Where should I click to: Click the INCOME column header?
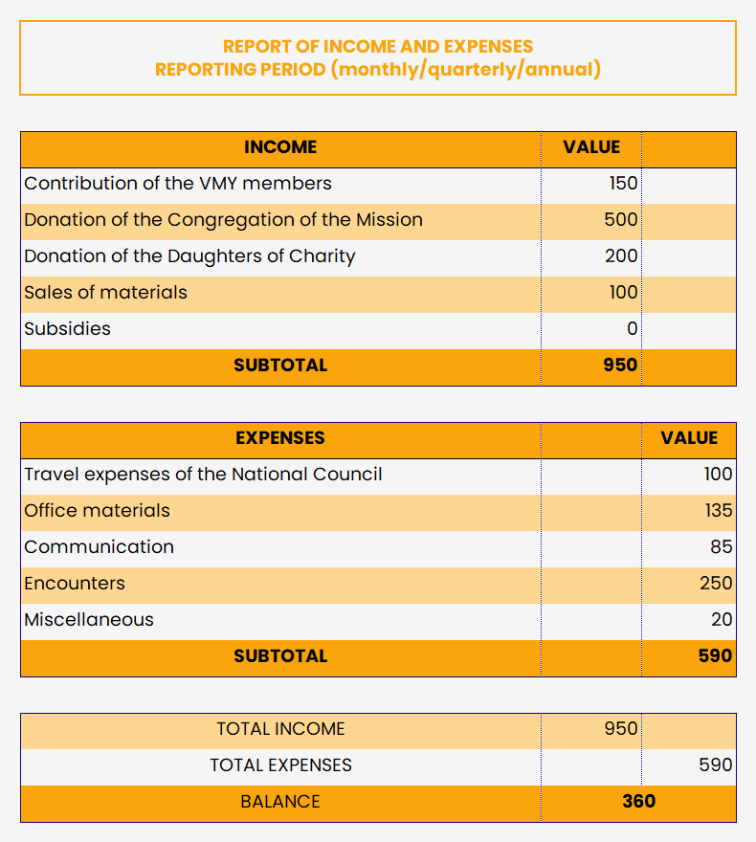click(x=280, y=147)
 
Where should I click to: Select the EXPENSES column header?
click(x=280, y=438)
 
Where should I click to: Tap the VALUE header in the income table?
click(x=591, y=147)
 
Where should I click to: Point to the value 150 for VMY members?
click(x=623, y=184)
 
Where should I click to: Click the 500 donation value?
click(x=621, y=220)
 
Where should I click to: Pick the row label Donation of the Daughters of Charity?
click(x=189, y=256)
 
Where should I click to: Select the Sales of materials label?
click(x=105, y=293)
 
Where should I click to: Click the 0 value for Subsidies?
click(x=632, y=329)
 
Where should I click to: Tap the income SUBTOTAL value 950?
click(x=621, y=366)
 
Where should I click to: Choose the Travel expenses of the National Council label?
click(x=203, y=475)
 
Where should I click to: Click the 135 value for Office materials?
click(x=719, y=511)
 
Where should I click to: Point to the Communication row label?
click(x=100, y=547)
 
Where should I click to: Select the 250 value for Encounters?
click(x=716, y=584)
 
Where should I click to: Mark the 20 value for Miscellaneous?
click(x=722, y=620)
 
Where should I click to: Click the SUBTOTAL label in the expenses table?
click(x=280, y=656)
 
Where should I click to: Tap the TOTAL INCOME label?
click(x=280, y=729)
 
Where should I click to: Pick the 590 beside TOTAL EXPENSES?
click(x=716, y=765)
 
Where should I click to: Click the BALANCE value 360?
click(x=638, y=802)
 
